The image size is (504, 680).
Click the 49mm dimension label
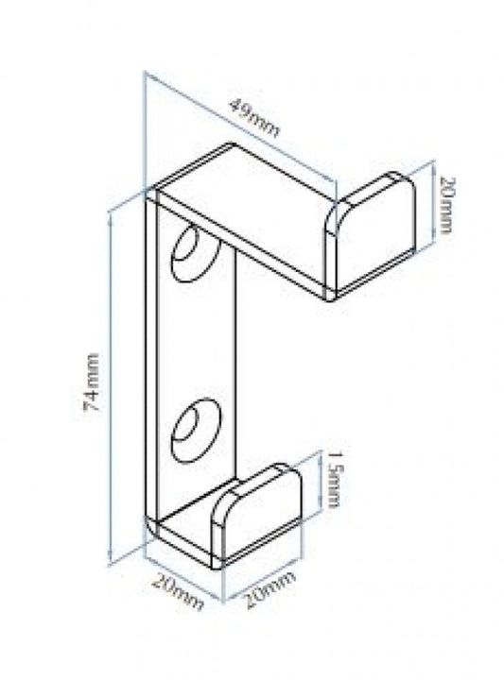254,117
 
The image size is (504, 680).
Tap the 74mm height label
92,382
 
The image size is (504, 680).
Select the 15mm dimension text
334,480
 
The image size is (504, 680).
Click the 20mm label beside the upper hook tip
445,204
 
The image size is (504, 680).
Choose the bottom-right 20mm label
270,589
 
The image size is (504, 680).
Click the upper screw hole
196,254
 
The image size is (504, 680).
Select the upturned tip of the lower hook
256,516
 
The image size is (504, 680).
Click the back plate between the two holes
197,343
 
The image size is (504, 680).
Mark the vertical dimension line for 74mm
112,388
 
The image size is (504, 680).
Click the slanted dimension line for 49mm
240,127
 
